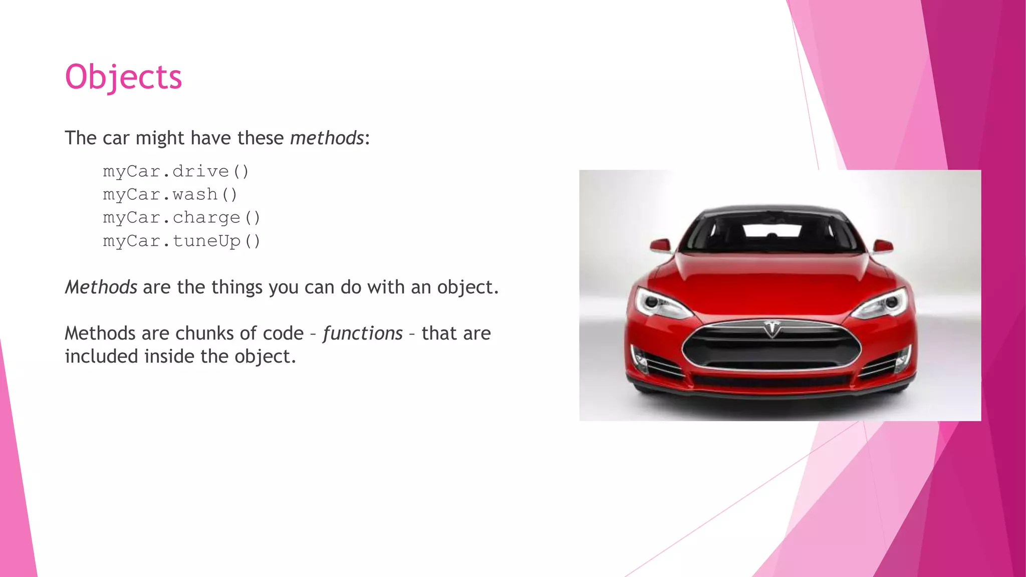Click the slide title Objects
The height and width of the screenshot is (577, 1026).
tap(123, 77)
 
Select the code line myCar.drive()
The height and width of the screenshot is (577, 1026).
tap(176, 171)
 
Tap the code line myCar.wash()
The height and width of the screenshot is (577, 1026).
tap(170, 194)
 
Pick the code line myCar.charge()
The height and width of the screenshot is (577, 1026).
tap(181, 218)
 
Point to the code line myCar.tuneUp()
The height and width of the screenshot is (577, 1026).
tap(181, 241)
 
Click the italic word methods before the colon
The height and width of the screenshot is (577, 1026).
tap(327, 138)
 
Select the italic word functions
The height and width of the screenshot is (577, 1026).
tap(363, 333)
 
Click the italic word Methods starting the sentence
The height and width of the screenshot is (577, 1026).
tap(101, 287)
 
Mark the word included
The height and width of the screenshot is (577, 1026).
tap(101, 357)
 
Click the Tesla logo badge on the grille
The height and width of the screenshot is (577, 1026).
tap(772, 329)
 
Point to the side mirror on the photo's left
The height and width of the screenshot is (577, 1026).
tap(661, 245)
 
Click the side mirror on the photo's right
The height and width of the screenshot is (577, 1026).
tap(883, 245)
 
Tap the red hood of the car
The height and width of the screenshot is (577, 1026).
tap(772, 280)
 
